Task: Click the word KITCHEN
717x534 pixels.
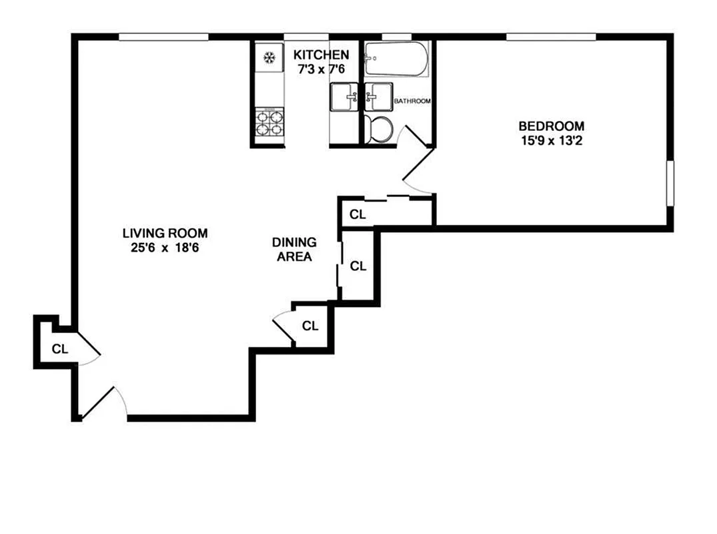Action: coord(321,55)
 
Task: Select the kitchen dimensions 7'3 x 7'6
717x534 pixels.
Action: coord(321,68)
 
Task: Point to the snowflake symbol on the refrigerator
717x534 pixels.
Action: coord(270,58)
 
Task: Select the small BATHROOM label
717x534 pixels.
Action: coord(412,101)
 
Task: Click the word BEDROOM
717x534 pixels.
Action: coord(551,125)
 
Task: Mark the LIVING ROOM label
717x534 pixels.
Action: coord(165,233)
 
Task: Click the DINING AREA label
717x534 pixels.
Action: coord(294,250)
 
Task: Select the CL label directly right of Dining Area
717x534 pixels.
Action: coord(358,266)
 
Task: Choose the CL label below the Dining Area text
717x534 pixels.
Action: coord(310,326)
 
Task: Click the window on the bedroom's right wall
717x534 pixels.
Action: coord(669,184)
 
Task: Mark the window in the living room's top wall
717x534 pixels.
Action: coord(163,37)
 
